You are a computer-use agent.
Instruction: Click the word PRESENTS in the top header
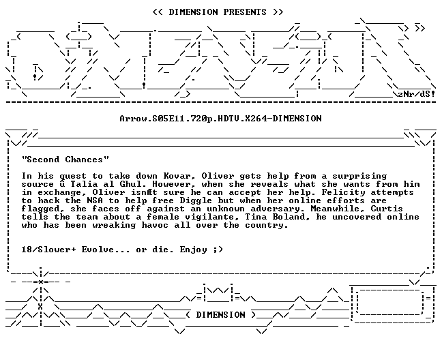pos(245,12)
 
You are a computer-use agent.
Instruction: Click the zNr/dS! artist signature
pos(416,94)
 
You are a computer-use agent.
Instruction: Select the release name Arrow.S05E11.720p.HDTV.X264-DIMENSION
pos(221,119)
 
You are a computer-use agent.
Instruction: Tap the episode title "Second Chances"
pos(65,160)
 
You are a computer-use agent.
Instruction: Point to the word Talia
pos(84,184)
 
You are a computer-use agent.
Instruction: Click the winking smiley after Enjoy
pos(218,250)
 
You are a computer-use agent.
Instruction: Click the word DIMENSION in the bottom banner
pos(220,314)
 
